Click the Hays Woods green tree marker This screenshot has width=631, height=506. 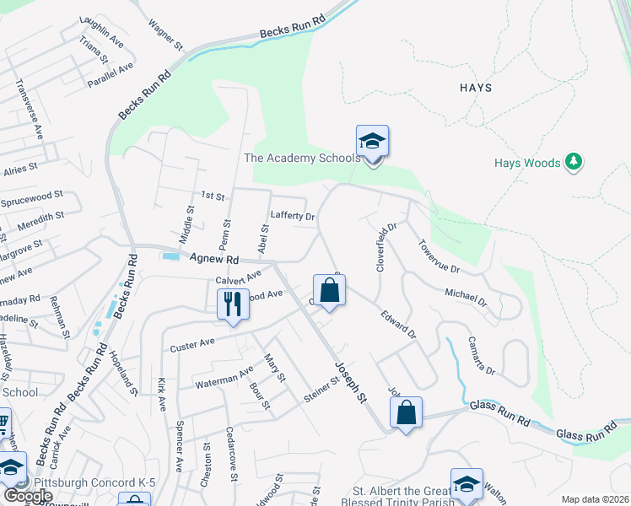(574, 160)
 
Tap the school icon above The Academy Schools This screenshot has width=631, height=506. (372, 142)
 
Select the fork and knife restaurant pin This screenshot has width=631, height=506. (233, 304)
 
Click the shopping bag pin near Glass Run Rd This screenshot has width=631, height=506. (406, 413)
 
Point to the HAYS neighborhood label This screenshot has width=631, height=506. (476, 88)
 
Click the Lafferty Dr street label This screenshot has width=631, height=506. (292, 216)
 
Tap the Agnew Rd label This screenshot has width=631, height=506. (215, 260)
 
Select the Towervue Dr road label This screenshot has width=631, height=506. (439, 256)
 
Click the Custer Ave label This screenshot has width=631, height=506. (193, 345)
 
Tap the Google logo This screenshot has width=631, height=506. (28, 496)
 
